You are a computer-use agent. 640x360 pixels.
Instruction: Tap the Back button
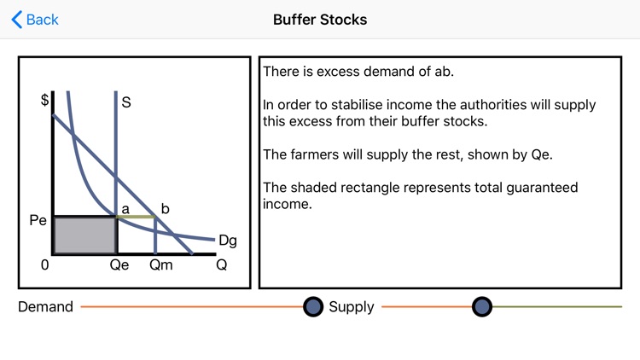pos(35,19)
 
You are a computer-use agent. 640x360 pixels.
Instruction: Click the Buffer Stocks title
pos(320,19)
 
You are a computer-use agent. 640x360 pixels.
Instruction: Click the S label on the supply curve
pos(126,102)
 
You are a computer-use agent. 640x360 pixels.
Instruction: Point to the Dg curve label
pos(228,241)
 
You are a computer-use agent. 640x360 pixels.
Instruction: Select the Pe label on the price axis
pos(38,219)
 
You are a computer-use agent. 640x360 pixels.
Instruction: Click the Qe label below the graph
pos(119,264)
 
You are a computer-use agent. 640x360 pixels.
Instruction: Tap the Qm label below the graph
pos(160,264)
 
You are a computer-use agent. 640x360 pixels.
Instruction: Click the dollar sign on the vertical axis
pos(44,99)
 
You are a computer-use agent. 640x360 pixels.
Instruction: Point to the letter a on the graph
pos(125,207)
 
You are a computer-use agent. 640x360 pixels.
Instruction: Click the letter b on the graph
pos(166,207)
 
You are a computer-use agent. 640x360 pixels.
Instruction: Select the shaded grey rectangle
pos(84,235)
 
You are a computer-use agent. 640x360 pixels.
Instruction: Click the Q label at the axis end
pos(221,264)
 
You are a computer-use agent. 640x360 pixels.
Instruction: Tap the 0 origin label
pos(44,264)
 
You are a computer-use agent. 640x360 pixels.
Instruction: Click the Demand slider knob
pos(313,307)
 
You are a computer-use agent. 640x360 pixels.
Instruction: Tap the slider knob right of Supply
pos(482,307)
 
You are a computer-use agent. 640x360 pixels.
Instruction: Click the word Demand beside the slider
pos(45,307)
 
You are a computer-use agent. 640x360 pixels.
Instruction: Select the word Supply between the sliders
pos(352,307)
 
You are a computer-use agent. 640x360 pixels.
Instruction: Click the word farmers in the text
pos(314,155)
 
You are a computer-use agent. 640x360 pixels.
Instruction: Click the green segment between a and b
pos(136,218)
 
